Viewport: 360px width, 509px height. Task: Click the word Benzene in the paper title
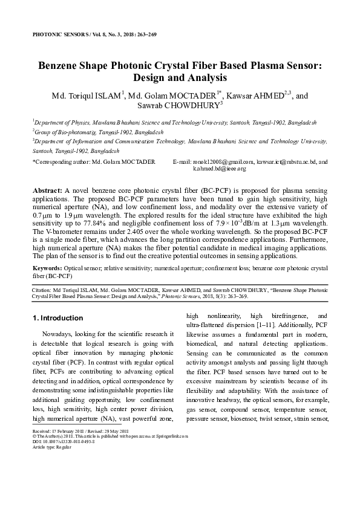(x=64, y=65)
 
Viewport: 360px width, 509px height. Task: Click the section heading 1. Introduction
(x=57, y=318)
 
